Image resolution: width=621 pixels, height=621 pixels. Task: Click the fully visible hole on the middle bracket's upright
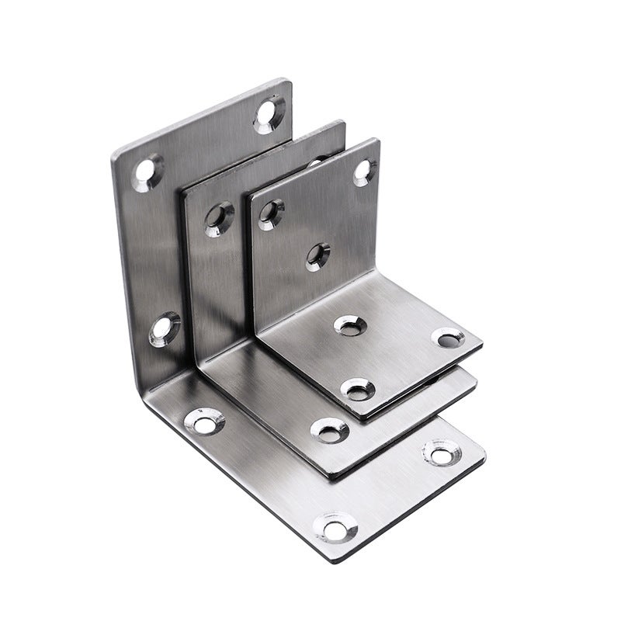pos(219,218)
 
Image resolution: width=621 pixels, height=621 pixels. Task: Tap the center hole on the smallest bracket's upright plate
pos(317,255)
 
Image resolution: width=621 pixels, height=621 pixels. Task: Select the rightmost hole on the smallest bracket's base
pos(447,338)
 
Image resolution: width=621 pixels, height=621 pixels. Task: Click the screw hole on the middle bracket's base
pos(324,428)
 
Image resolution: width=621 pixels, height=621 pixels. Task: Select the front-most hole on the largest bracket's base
pos(336,529)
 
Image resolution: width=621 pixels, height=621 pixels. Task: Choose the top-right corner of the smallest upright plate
pos(379,140)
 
